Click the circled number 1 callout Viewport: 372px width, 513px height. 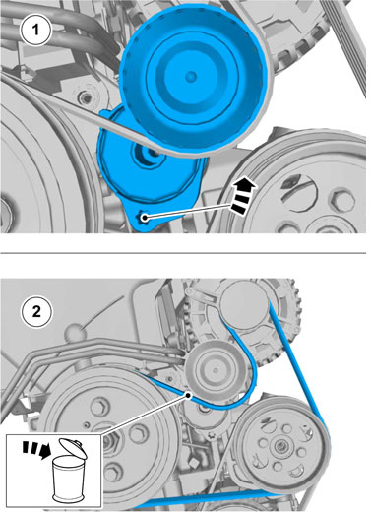[35, 31]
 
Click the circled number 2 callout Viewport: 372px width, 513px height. [36, 311]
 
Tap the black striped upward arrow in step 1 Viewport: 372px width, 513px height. [243, 197]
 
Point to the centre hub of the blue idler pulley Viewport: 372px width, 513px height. [191, 77]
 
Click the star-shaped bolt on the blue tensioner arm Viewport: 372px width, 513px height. [144, 218]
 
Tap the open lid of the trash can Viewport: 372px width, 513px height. [73, 448]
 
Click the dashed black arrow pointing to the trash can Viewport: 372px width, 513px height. [36, 449]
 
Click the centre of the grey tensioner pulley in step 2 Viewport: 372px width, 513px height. [216, 370]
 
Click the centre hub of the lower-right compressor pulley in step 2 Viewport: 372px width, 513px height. [280, 446]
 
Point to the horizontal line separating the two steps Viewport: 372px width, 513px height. [183, 253]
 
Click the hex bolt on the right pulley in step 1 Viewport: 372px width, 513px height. [341, 200]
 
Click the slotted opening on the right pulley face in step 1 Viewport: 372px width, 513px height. [298, 192]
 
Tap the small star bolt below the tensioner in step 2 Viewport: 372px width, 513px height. [211, 435]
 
